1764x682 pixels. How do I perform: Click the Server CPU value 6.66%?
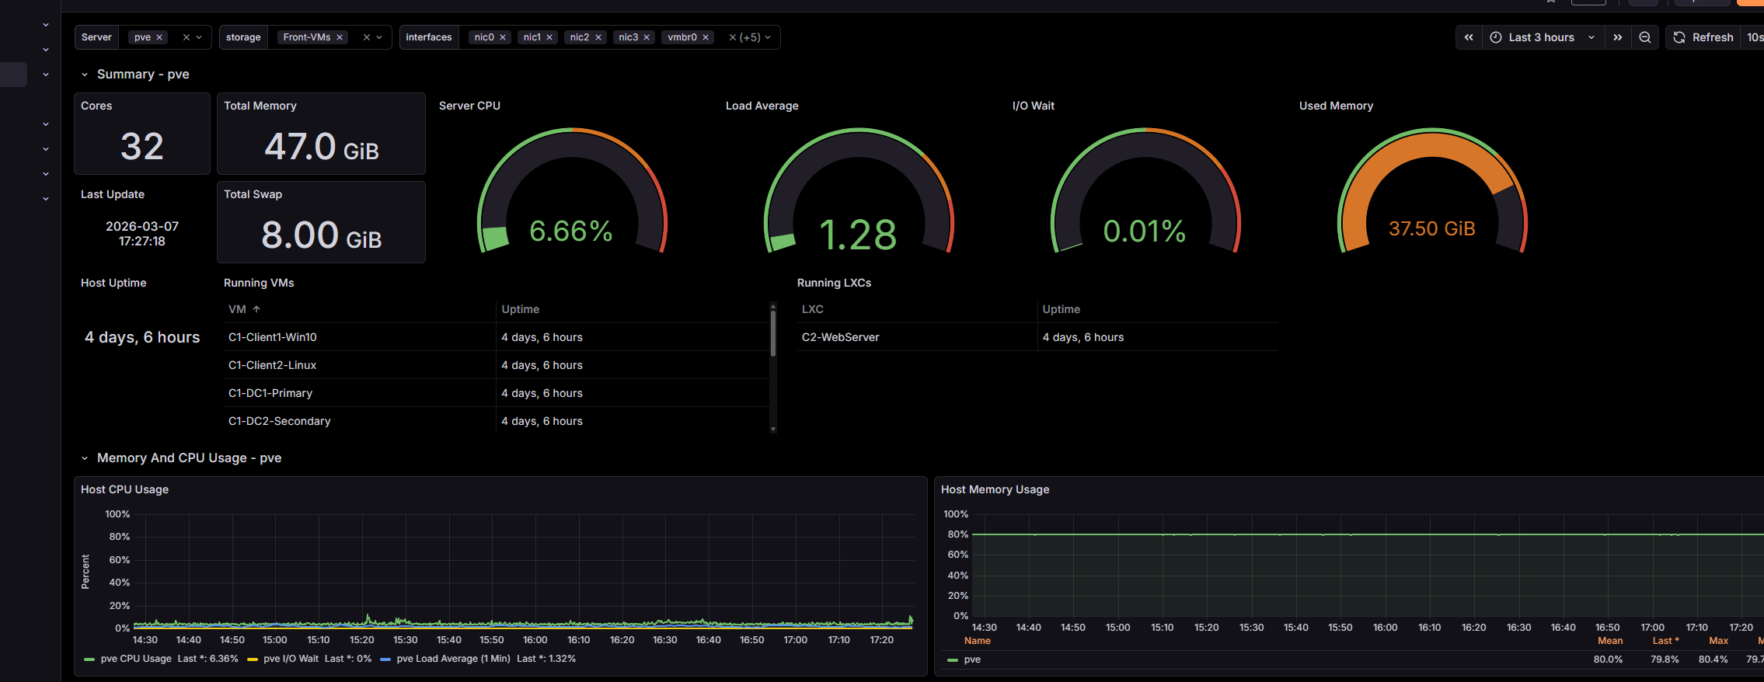(x=570, y=231)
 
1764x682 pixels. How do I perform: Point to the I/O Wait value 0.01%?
(x=1144, y=231)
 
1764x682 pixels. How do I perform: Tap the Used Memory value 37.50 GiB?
(x=1431, y=228)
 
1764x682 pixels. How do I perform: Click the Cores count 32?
(x=142, y=146)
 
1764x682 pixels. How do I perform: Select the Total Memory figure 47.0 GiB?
(x=321, y=146)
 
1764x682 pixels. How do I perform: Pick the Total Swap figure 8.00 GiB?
(x=321, y=235)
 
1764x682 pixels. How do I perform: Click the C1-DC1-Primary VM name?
(x=270, y=393)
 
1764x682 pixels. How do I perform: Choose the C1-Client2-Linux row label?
(x=272, y=365)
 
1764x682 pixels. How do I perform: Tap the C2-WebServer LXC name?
(x=840, y=337)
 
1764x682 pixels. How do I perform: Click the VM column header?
(x=237, y=309)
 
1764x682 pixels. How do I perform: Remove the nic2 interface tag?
(x=598, y=37)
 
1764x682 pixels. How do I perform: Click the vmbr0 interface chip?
(x=682, y=37)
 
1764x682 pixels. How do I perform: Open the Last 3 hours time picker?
(x=1542, y=37)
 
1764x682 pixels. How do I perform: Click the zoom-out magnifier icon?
(x=1645, y=37)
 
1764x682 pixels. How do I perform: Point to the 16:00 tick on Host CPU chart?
(x=535, y=640)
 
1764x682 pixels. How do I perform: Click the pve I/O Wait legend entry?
(x=291, y=659)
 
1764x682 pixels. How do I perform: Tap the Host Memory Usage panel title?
(x=995, y=489)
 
